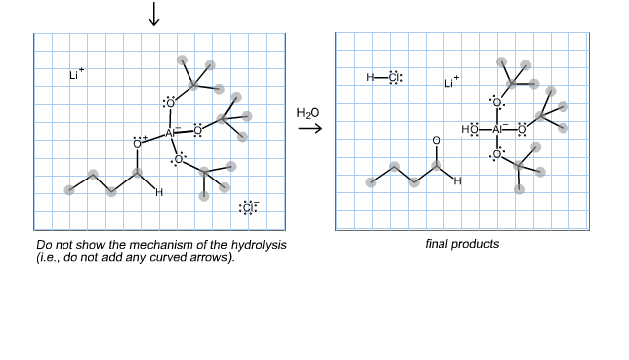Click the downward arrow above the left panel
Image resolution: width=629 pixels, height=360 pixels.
point(153,14)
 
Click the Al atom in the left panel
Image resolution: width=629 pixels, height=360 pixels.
point(170,132)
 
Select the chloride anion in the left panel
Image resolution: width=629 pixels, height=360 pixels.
point(248,208)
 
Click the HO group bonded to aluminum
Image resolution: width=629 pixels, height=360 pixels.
point(470,129)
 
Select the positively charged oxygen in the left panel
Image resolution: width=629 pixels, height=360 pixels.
point(138,144)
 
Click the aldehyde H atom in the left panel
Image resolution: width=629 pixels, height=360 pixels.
point(158,192)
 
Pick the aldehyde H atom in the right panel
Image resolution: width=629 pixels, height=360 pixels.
point(457,181)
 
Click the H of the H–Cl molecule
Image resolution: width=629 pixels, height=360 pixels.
point(370,78)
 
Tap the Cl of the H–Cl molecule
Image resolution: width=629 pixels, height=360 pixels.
point(394,78)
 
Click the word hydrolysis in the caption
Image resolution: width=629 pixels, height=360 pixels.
point(261,245)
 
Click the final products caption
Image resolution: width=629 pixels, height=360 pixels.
point(461,245)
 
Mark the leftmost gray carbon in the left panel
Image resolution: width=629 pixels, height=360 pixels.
point(69,190)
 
